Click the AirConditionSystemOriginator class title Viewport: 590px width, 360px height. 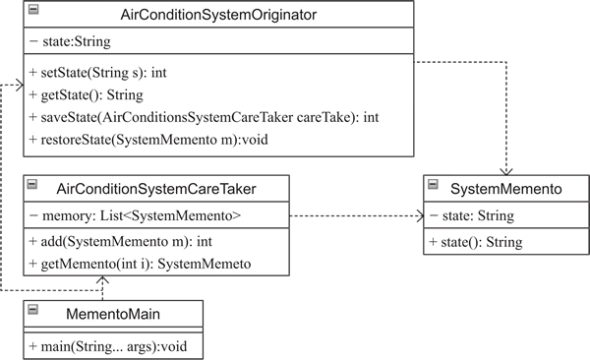coord(218,15)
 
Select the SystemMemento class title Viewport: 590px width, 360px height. coord(506,189)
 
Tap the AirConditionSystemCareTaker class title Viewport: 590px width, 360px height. coord(156,189)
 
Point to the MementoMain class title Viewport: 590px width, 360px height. coord(113,314)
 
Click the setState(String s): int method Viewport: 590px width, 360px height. coord(97,73)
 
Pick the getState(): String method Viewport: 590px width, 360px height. coord(86,94)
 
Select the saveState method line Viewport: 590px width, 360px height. coord(204,117)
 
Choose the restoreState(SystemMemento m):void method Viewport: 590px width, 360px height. coord(148,140)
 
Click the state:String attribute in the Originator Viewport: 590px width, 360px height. coord(70,41)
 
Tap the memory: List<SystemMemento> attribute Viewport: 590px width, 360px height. coord(135,215)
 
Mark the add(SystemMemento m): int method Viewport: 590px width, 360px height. coord(120,241)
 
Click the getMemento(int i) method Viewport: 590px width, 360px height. coord(140,264)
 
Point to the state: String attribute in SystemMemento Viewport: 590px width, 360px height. coord(471,215)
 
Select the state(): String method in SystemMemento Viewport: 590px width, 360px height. coord(476,242)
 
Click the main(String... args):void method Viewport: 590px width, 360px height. coord(107,346)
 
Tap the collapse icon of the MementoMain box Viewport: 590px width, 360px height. coord(33,310)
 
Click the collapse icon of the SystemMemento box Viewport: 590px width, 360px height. coord(433,184)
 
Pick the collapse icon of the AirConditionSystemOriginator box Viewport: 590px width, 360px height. coord(33,10)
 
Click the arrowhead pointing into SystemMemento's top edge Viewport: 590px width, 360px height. coord(506,172)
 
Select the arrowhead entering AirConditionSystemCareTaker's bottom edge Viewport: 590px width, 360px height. coord(102,279)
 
